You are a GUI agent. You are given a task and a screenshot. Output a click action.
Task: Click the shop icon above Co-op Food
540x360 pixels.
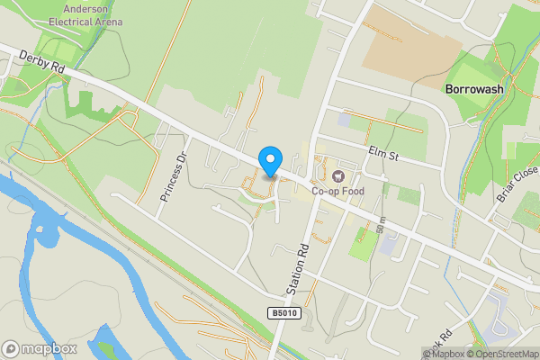point(338,176)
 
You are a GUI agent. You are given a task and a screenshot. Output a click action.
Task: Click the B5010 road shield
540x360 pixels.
point(281,312)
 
